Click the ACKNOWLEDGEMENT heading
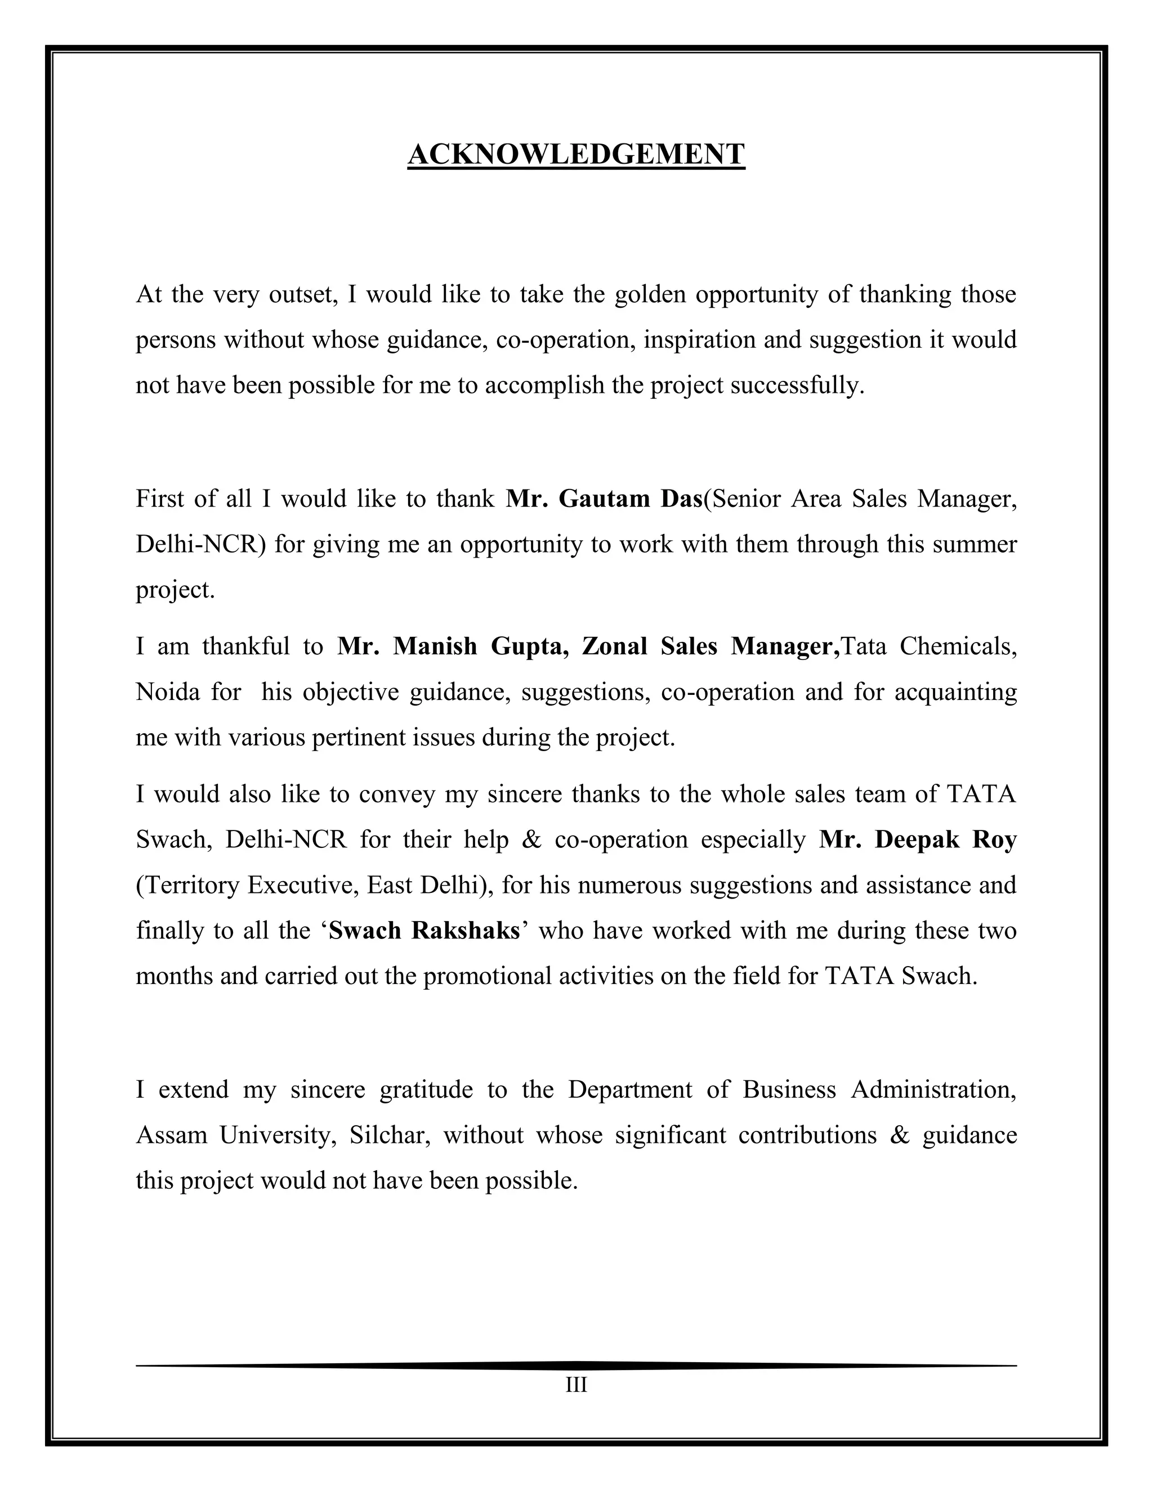(x=576, y=154)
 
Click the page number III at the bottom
(x=576, y=1385)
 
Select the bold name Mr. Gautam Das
(x=604, y=499)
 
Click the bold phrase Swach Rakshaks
(x=424, y=931)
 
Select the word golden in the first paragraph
(x=650, y=294)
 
